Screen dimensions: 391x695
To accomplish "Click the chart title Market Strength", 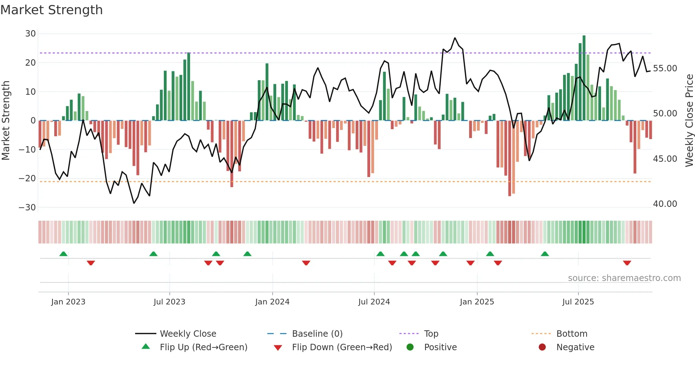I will (x=51, y=10).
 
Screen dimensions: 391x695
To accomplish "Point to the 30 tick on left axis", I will (x=30, y=34).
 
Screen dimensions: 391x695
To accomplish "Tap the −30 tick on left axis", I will (x=27, y=207).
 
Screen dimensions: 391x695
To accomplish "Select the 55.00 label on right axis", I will (x=665, y=68).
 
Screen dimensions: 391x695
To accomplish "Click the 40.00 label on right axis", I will (x=665, y=204).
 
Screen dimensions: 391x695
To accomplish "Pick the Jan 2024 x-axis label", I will (x=272, y=302).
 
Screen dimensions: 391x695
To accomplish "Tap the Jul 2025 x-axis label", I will (x=578, y=302).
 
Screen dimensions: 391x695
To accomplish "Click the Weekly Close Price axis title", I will (x=689, y=121).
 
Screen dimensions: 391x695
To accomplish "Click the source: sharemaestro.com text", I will (x=624, y=278).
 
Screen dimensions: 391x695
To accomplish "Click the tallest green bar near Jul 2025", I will (x=584, y=78).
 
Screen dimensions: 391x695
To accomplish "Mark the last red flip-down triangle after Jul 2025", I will (x=627, y=263).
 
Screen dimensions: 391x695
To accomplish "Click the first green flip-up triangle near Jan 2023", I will (x=63, y=254).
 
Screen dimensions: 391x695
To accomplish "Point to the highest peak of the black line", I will (x=455, y=38).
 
